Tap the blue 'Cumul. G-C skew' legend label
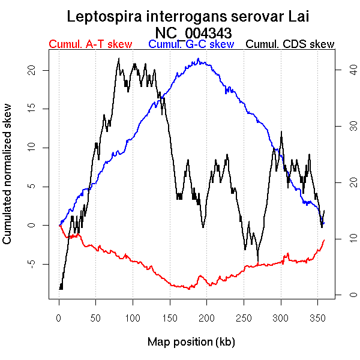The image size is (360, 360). tap(191, 44)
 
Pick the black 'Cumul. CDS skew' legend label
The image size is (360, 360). tap(290, 44)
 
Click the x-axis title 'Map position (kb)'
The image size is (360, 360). tap(191, 342)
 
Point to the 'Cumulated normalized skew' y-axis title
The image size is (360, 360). tap(8, 181)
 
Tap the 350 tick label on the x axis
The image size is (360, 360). tap(318, 317)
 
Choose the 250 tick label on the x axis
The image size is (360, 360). tap(244, 317)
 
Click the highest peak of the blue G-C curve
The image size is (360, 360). tap(197, 59)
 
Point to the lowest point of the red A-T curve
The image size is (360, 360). tap(190, 289)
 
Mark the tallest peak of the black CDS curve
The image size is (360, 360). tap(119, 58)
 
